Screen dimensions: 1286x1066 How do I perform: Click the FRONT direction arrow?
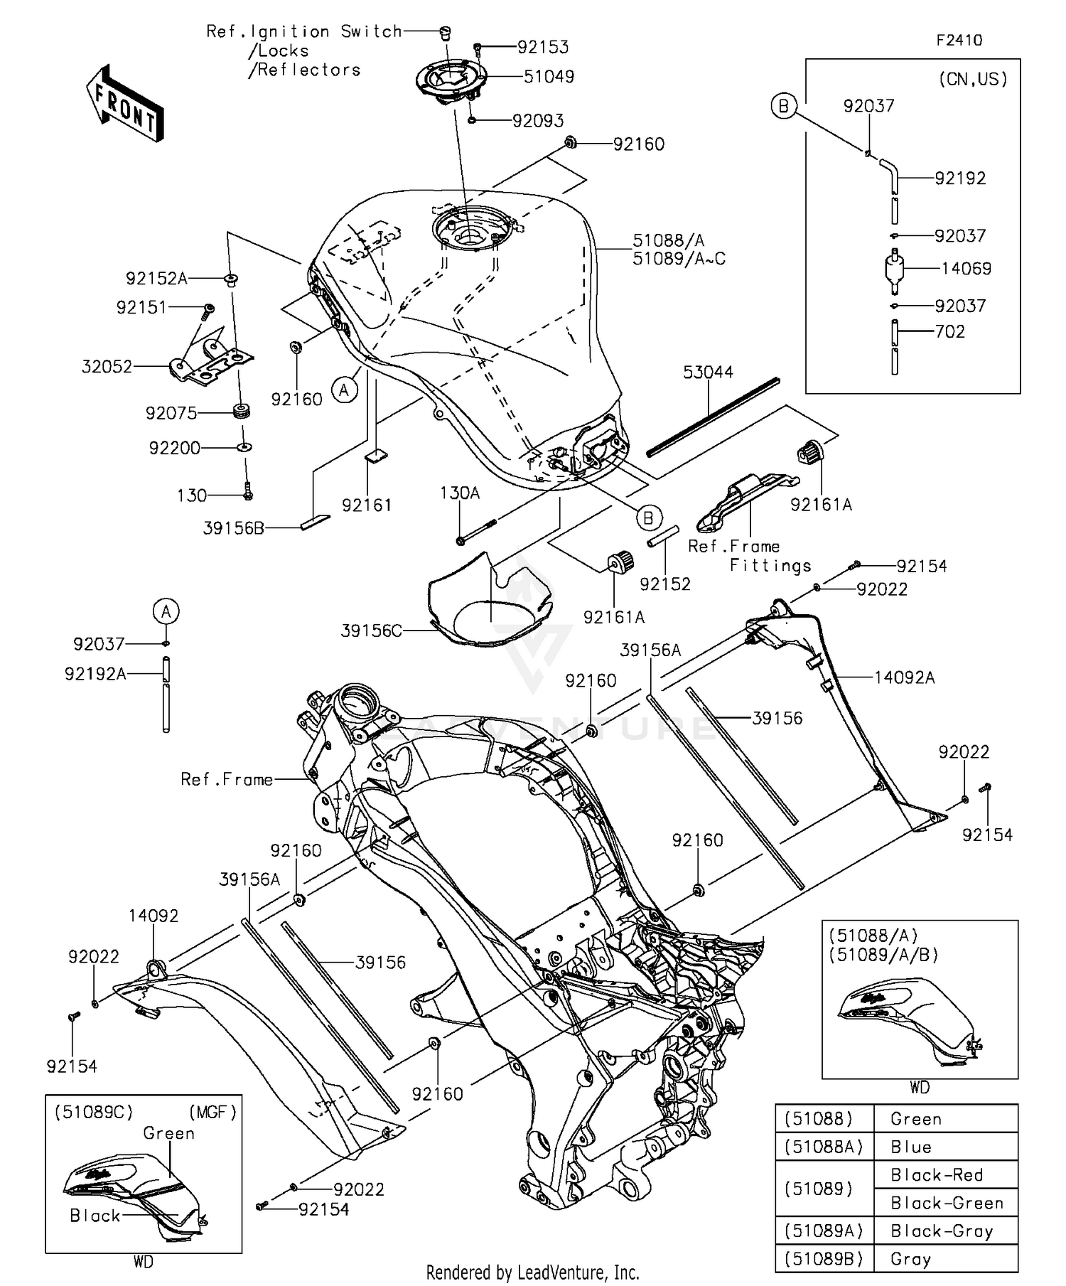(125, 104)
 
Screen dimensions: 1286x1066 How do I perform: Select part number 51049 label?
(549, 77)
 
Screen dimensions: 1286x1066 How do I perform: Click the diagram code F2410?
(959, 41)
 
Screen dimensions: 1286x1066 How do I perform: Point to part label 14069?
(966, 269)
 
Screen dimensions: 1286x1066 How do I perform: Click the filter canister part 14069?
(895, 271)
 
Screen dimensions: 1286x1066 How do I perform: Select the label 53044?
(708, 373)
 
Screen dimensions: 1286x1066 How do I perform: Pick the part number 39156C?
(371, 631)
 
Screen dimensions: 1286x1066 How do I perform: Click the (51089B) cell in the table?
(824, 1259)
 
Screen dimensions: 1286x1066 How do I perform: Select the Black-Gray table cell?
(941, 1231)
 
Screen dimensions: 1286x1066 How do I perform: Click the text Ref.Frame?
(227, 780)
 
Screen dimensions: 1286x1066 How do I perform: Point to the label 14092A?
(904, 678)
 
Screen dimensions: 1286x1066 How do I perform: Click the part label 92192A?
(95, 674)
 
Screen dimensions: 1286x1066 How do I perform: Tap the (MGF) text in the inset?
(212, 1112)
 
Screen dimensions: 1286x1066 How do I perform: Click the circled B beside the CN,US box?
(783, 107)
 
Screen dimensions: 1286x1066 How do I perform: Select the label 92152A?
(156, 279)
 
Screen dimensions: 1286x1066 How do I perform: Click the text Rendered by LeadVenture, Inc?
(532, 1272)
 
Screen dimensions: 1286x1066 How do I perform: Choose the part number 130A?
(460, 493)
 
